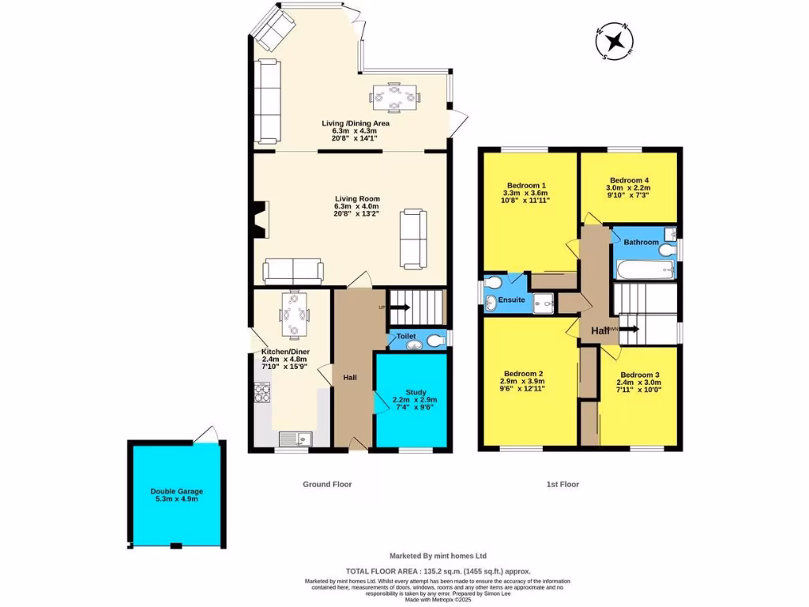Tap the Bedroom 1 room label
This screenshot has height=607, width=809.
526,184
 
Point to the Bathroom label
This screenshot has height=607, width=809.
641,242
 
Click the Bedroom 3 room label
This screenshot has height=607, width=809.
638,375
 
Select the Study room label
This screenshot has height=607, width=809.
416,391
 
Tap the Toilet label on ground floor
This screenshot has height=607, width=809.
406,336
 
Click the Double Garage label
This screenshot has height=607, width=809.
177,492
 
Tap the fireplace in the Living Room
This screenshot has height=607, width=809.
259,219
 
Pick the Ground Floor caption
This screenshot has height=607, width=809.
327,484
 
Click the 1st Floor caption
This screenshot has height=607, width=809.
562,484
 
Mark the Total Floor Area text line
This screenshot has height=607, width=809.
438,571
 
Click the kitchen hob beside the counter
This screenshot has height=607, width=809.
262,393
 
